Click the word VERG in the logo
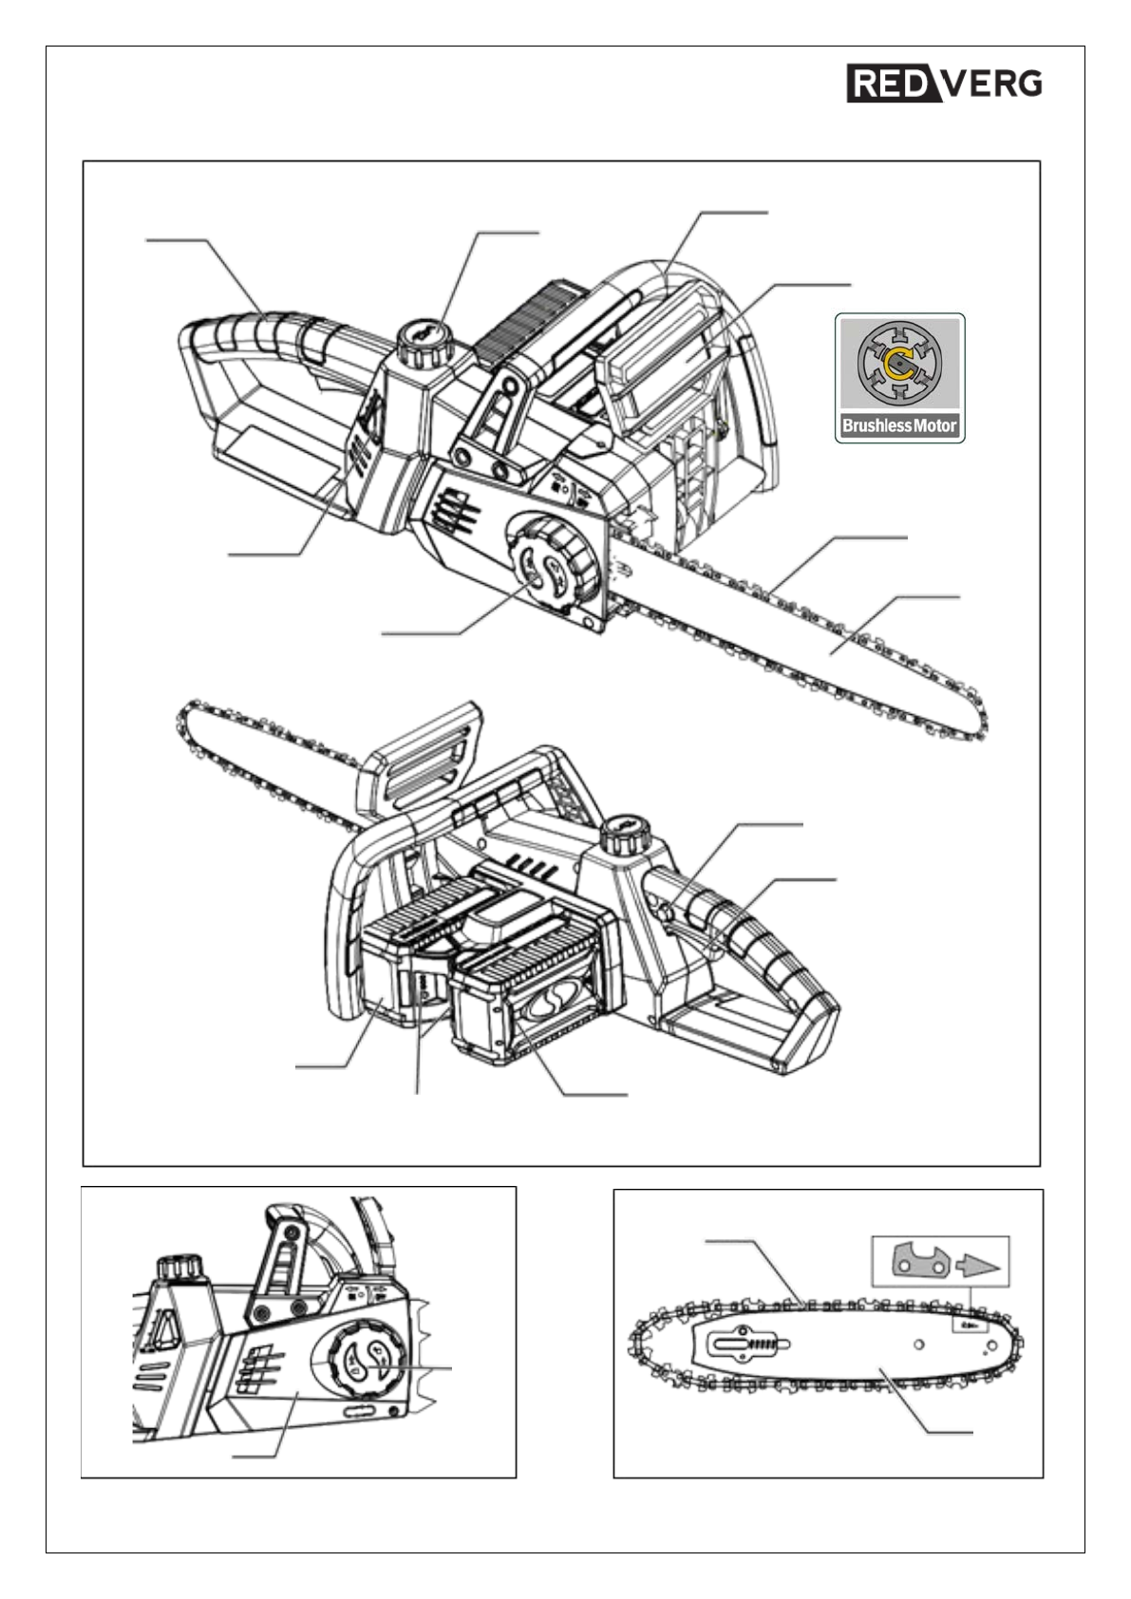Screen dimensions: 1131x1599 point(992,84)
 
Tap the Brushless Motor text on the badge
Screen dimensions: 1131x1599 point(899,425)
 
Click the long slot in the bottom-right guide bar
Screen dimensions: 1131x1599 point(751,1344)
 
